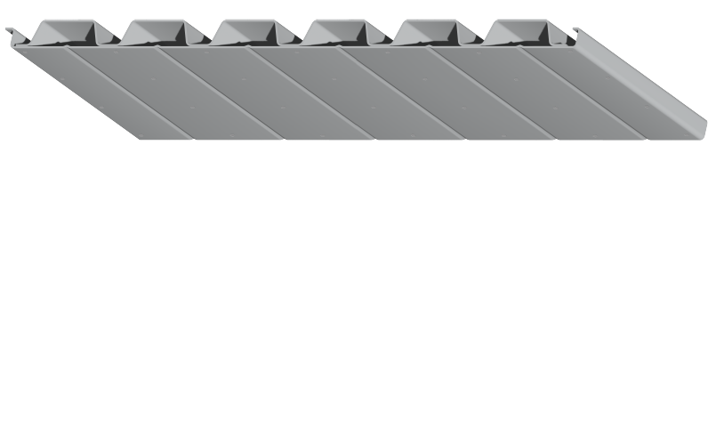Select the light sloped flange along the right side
point(649,89)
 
